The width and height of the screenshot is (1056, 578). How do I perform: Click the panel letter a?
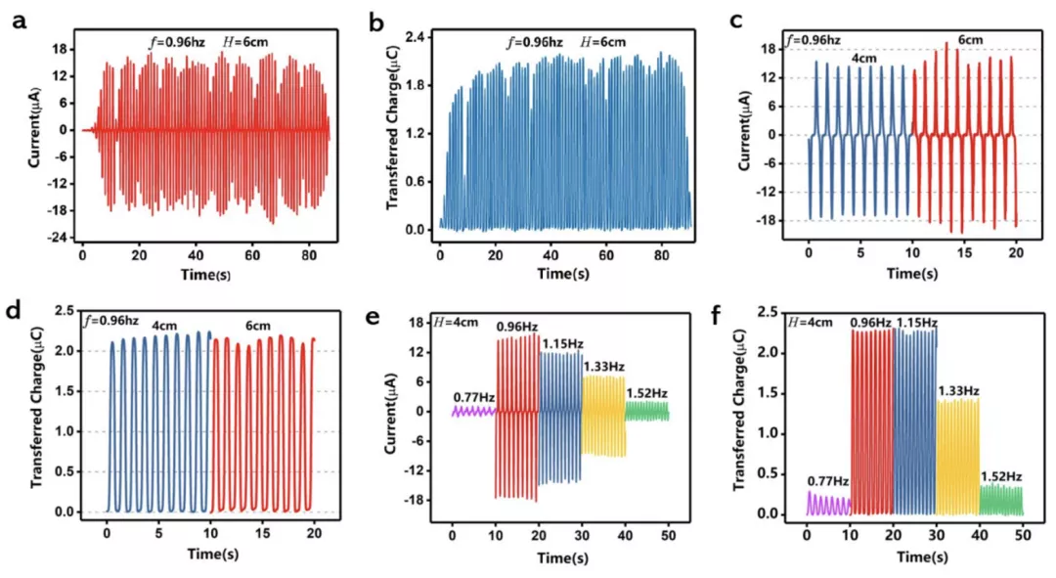point(19,20)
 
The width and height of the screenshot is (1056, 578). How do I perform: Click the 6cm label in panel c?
point(970,40)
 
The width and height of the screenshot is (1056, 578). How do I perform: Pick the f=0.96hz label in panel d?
point(111,321)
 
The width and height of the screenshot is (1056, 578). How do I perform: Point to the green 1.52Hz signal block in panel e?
point(647,411)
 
